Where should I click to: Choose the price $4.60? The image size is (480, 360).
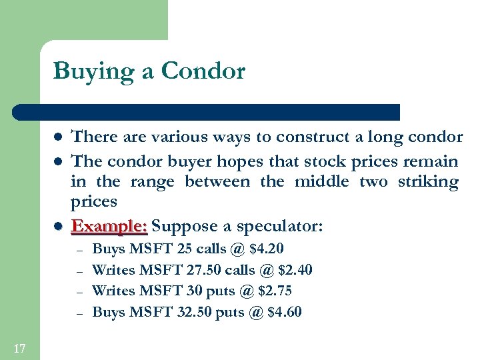click(x=284, y=311)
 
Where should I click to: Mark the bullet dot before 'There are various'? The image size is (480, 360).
click(x=58, y=138)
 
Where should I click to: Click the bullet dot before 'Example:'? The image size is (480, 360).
click(x=58, y=227)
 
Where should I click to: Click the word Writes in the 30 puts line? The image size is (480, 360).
click(x=113, y=291)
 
